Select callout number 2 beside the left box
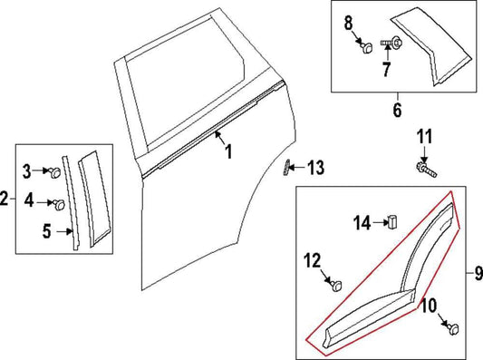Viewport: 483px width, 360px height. pyautogui.click(x=5, y=197)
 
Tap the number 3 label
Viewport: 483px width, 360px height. pyautogui.click(x=27, y=169)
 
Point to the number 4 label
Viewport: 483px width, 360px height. pyautogui.click(x=27, y=199)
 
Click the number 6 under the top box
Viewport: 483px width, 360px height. pyautogui.click(x=396, y=112)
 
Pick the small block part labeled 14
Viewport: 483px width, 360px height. pyautogui.click(x=393, y=220)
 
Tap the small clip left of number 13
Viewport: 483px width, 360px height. pyautogui.click(x=288, y=168)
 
